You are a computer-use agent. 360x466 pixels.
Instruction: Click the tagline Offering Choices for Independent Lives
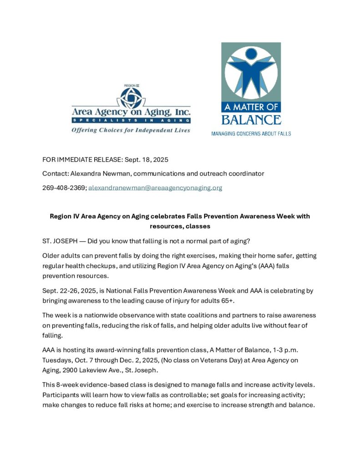[x=131, y=130]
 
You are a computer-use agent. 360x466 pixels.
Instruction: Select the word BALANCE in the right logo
[x=251, y=120]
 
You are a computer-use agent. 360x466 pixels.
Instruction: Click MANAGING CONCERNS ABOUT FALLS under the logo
[x=251, y=134]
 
